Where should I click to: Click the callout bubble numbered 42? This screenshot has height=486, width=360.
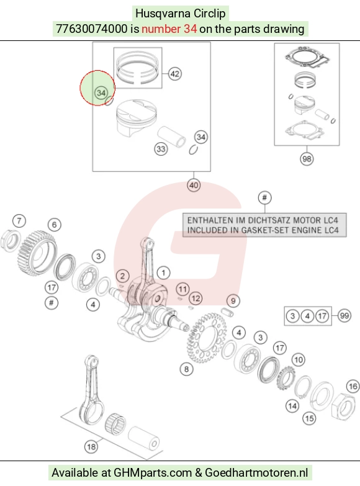(x=175, y=74)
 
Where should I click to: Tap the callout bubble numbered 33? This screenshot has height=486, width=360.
(x=161, y=149)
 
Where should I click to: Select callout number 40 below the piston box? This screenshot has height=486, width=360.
(x=194, y=186)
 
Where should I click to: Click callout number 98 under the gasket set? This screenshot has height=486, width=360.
(x=307, y=159)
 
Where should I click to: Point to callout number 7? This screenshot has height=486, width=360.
(x=19, y=221)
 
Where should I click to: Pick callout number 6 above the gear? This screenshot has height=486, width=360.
(x=55, y=225)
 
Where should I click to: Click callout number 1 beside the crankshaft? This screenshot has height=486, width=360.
(x=163, y=272)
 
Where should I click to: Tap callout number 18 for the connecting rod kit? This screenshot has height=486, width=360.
(x=91, y=447)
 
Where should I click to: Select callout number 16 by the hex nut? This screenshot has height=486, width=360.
(x=353, y=386)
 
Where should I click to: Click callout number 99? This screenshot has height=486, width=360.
(x=344, y=316)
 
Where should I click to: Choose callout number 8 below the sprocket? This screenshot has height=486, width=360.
(x=186, y=369)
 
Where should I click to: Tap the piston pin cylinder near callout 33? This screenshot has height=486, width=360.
(x=171, y=137)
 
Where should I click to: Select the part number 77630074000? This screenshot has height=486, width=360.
(x=91, y=29)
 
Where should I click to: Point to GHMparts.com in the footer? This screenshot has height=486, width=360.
(x=153, y=473)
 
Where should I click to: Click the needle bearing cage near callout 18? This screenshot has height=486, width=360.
(x=115, y=424)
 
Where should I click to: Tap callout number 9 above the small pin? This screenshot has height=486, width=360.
(x=233, y=300)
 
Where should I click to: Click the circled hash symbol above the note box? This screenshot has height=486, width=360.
(x=264, y=197)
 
